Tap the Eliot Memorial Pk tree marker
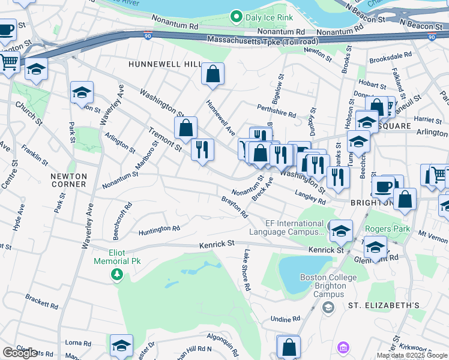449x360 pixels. click(117, 274)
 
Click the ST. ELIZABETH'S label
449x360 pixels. click(384, 305)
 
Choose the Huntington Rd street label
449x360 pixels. click(159, 229)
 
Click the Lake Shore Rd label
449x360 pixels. click(246, 270)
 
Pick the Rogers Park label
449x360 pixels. click(388, 229)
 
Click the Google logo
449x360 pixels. click(20, 353)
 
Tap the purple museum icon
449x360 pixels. click(343, 347)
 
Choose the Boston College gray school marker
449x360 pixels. click(328, 307)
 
